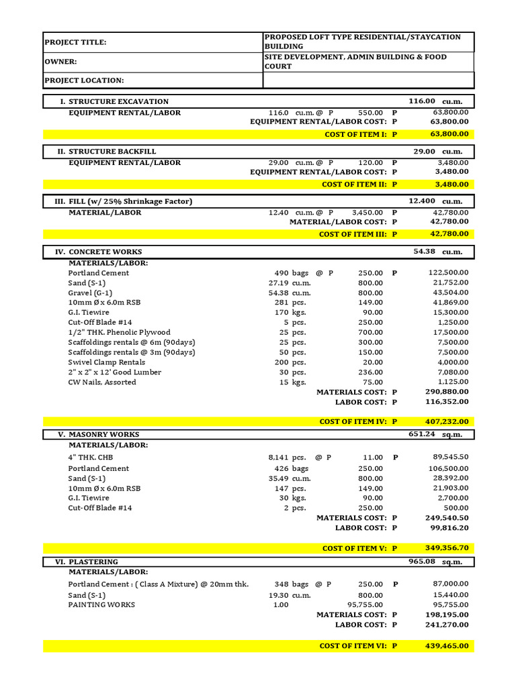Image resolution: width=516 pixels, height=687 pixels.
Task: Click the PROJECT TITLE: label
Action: pos(75,42)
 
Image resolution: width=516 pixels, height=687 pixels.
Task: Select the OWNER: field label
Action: pos(60,62)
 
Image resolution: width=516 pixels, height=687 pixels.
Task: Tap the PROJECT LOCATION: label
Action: pos(84,81)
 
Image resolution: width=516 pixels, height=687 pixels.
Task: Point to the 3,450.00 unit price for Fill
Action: pos(368,213)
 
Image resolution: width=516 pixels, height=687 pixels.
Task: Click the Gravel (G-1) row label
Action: pos(90,293)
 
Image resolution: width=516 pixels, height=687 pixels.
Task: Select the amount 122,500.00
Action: pos(448,273)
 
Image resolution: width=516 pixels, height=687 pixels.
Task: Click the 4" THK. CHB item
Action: pos(92,458)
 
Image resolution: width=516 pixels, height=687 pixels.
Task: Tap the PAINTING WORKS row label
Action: pos(101,604)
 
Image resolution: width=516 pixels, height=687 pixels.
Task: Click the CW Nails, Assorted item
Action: pos(102,382)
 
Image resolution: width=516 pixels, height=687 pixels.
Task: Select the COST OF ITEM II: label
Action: pos(355,184)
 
